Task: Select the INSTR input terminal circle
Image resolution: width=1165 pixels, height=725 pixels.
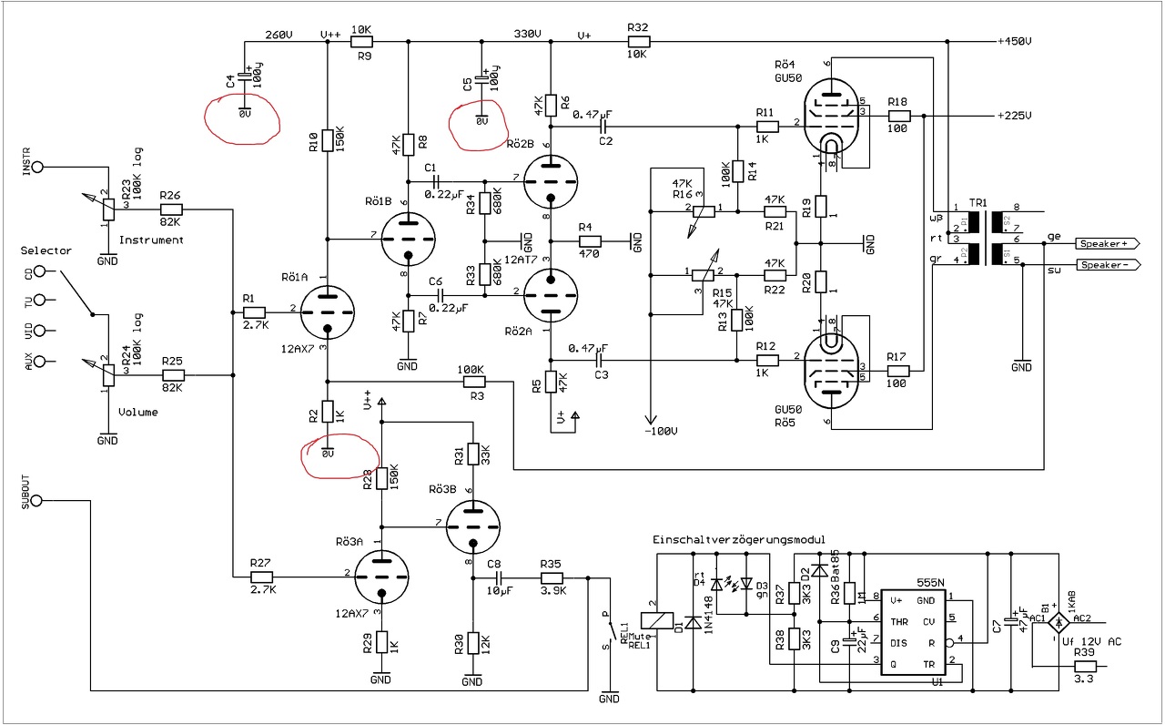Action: coord(39,168)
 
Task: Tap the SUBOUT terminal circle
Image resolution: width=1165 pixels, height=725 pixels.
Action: coord(39,501)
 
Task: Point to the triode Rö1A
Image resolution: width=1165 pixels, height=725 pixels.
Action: coord(327,311)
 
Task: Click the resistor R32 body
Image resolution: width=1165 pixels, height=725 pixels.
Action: coord(637,42)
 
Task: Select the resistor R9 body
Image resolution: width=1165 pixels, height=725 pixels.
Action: coord(362,42)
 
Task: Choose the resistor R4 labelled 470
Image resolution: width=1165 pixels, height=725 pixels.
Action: coord(589,241)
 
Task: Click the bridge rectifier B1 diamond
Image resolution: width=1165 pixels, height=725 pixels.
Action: coord(1059,623)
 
